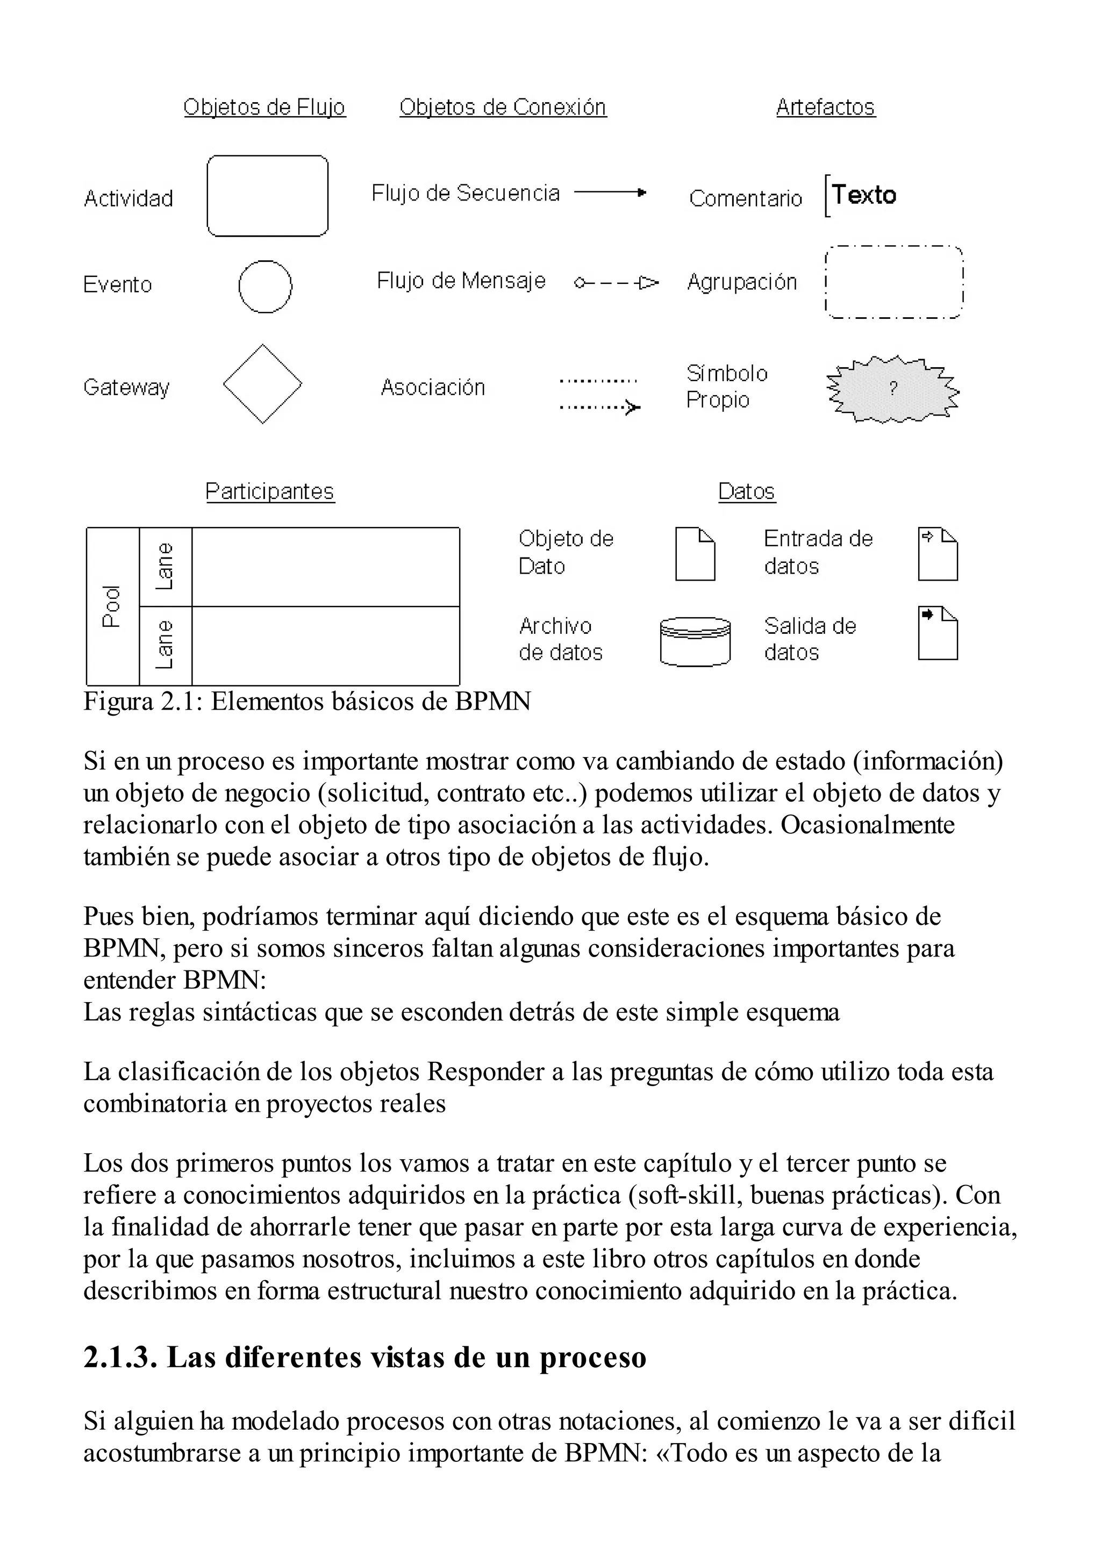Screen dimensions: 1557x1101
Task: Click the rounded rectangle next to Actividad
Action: coord(267,196)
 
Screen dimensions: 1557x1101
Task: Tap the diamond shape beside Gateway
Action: coord(262,384)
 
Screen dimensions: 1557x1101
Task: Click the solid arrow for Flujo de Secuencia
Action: coord(610,193)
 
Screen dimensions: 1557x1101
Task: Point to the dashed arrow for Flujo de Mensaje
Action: coord(616,282)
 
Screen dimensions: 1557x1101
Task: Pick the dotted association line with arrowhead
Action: coord(600,408)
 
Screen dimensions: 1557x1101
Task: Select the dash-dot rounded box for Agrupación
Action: coord(893,283)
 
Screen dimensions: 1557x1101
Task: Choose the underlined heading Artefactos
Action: coord(825,107)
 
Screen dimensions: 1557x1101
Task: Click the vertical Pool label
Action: coord(112,606)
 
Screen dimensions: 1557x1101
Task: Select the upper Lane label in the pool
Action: coord(165,566)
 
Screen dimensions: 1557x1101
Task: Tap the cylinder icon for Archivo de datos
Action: coord(695,641)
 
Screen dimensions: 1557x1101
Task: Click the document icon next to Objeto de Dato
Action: coord(695,554)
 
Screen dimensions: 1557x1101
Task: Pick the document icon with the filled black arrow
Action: coord(938,633)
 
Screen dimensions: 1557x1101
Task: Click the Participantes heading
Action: coord(270,491)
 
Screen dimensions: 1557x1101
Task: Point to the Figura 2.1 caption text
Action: coord(306,701)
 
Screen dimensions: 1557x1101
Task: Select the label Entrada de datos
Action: coord(818,552)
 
